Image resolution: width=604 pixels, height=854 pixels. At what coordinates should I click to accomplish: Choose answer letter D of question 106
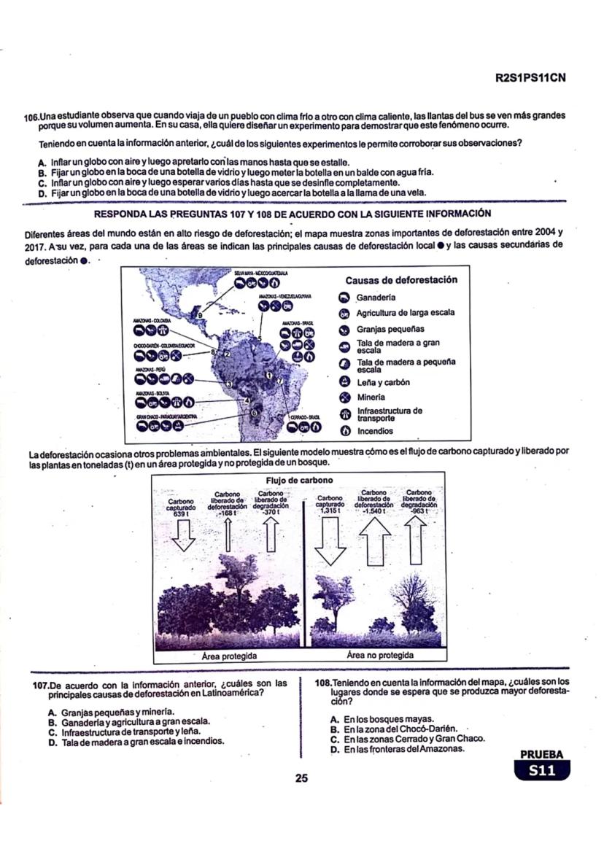coord(43,193)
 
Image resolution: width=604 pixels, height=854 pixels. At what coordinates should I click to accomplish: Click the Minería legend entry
coord(376,397)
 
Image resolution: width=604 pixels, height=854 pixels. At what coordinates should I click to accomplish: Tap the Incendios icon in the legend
coord(346,431)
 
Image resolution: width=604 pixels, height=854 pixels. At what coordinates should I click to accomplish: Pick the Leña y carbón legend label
coord(383,382)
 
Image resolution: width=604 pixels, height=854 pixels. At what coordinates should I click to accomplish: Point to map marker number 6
coord(254,413)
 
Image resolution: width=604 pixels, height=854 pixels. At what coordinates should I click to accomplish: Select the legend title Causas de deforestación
coord(401,279)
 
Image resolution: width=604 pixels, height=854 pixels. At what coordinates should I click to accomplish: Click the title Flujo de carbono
coord(301,480)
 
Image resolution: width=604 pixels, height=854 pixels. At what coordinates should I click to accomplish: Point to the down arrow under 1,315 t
coord(333,543)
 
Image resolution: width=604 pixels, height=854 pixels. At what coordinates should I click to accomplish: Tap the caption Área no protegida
coord(380,655)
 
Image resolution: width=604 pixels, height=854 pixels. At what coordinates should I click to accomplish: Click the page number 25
coord(301,778)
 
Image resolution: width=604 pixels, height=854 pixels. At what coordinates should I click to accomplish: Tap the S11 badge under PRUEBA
coord(541,770)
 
